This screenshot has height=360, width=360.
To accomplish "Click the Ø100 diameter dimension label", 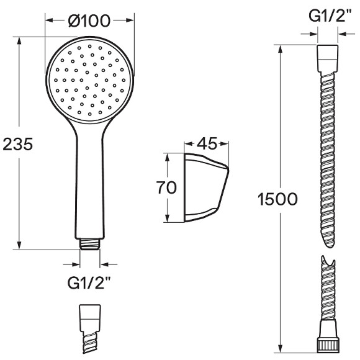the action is point(89,20).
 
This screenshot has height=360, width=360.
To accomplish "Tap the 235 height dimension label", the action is point(18,145).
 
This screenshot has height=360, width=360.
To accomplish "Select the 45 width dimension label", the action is point(207,144).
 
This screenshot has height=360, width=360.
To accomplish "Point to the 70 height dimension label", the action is point(166,187).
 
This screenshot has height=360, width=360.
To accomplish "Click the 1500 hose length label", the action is point(277,199).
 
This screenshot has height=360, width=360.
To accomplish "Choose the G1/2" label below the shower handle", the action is point(89,283).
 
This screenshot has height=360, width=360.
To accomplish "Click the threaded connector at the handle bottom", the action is point(90,244).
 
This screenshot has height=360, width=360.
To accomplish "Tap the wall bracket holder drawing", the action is point(206,187).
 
